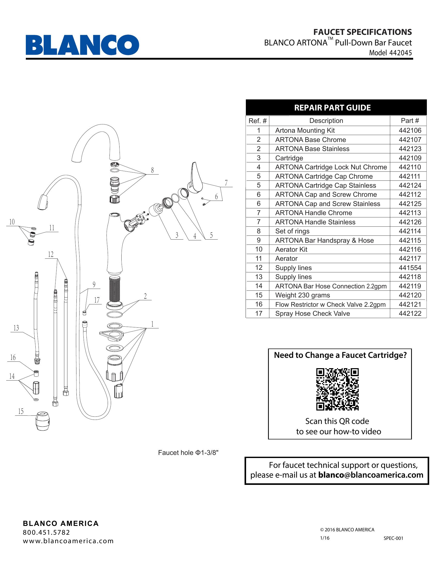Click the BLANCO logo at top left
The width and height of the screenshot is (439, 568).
[x=82, y=45]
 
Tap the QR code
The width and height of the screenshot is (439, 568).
[x=337, y=389]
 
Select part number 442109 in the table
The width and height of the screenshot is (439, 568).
[x=410, y=158]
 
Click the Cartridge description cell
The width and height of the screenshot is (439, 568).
[x=289, y=158]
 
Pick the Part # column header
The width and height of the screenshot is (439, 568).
[x=410, y=121]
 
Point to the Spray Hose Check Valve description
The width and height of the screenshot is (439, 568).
[x=312, y=313]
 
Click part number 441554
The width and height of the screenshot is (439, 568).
[x=410, y=268]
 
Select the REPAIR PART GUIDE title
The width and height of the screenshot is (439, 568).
[x=332, y=108]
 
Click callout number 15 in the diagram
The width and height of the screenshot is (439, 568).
[x=21, y=411]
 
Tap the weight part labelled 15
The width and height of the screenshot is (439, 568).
[x=42, y=421]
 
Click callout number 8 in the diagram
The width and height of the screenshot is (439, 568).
[x=152, y=170]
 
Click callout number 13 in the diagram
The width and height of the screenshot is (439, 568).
[x=16, y=328]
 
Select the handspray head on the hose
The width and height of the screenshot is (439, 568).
[x=43, y=202]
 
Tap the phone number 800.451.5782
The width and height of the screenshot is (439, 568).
[x=46, y=532]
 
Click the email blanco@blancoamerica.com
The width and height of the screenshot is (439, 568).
[x=371, y=475]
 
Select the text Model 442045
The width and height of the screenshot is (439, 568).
[x=390, y=53]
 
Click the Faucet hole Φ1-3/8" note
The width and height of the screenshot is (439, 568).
[x=188, y=453]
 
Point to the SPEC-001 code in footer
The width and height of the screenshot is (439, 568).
[x=393, y=538]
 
